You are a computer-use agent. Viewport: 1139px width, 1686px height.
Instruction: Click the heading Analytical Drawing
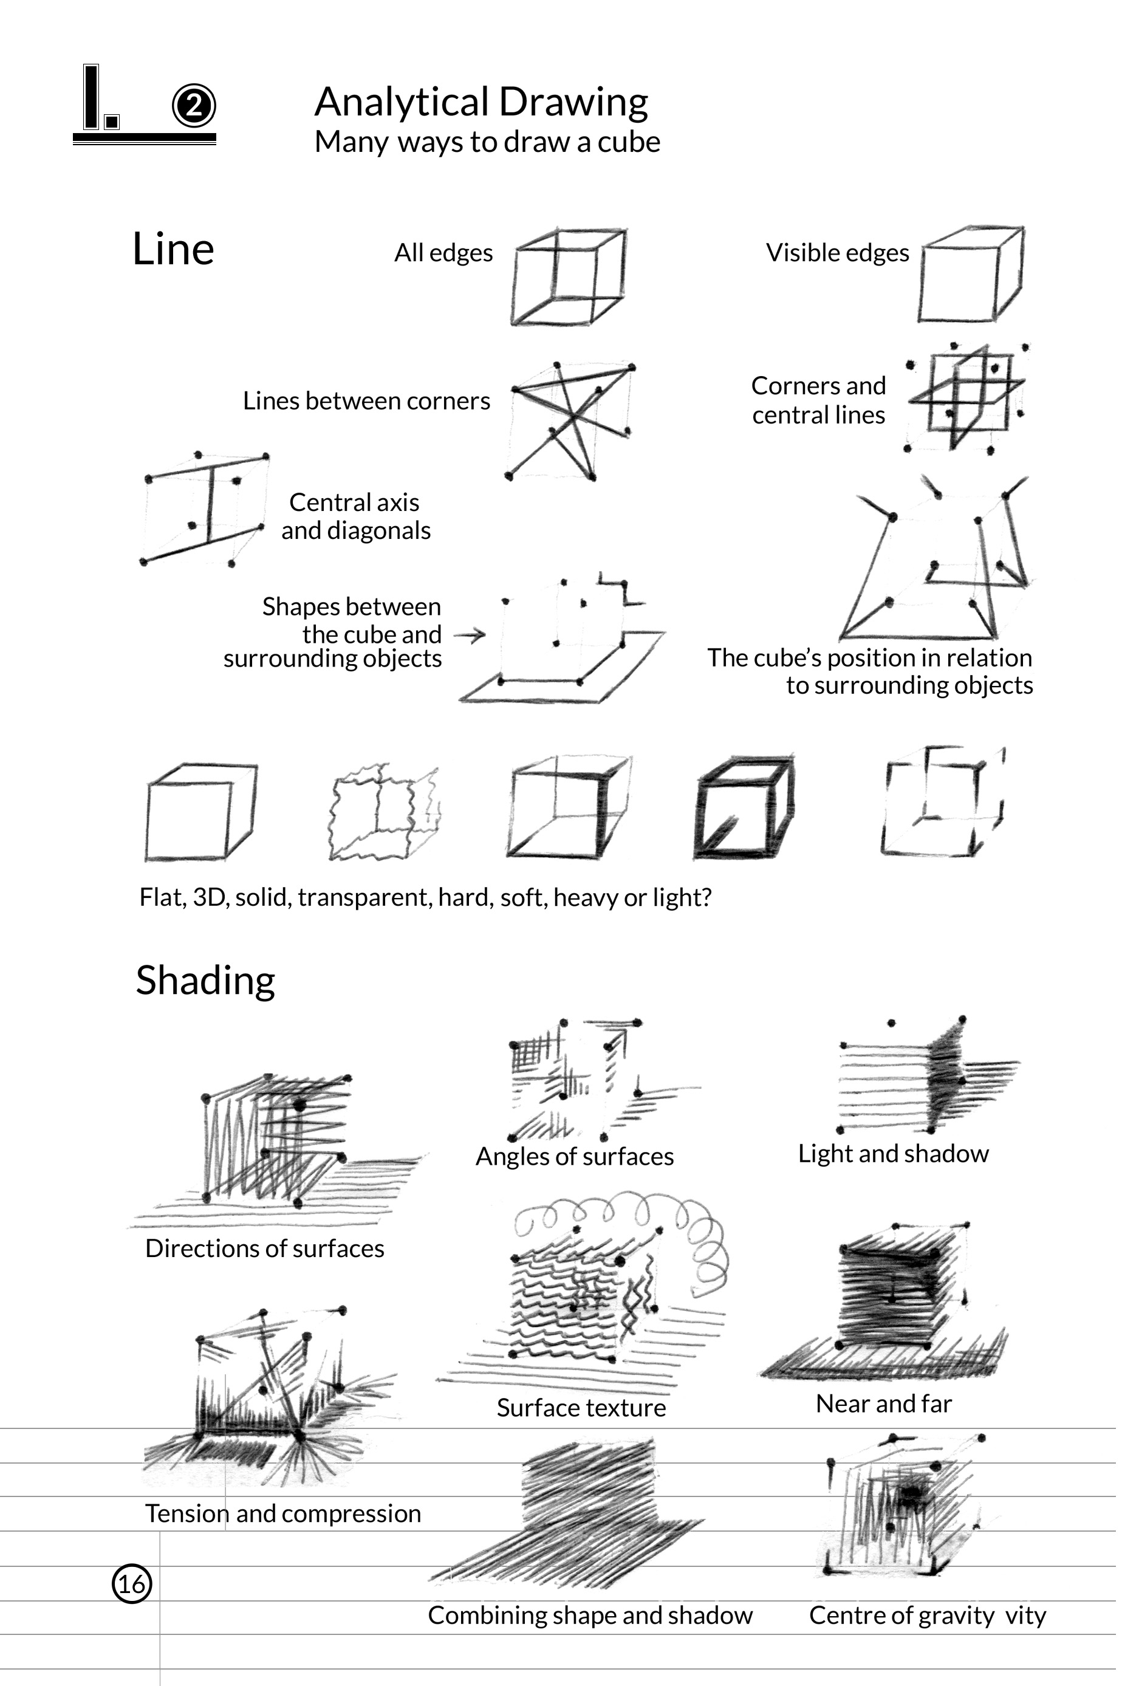coord(481,101)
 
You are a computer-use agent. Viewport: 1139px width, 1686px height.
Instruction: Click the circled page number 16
coord(132,1583)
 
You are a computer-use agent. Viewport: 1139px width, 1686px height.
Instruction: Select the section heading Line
coord(173,249)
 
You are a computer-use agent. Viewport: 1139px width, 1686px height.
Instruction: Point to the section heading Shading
coord(205,980)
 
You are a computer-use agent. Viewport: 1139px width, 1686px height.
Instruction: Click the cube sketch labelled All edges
coord(568,277)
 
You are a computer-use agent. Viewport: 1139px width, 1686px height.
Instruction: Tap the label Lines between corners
coord(366,400)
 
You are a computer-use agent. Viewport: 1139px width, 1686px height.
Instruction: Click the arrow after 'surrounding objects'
coord(470,636)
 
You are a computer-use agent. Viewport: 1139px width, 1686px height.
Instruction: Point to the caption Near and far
coord(884,1404)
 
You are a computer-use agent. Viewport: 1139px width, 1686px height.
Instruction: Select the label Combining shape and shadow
coord(590,1615)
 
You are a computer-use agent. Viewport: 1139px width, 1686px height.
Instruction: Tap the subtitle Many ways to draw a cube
coord(487,142)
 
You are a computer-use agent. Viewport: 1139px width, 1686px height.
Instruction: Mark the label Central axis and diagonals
coord(355,516)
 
